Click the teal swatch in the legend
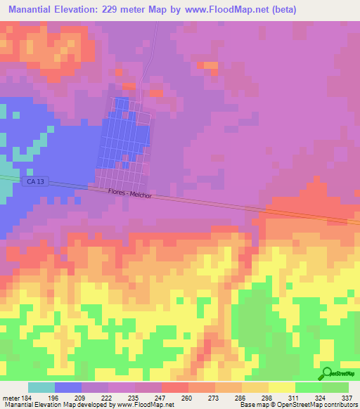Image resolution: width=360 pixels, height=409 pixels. coord(41,387)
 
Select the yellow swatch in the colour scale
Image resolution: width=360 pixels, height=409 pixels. coord(282,387)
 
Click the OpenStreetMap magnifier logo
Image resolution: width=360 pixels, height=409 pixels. coord(326,373)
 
